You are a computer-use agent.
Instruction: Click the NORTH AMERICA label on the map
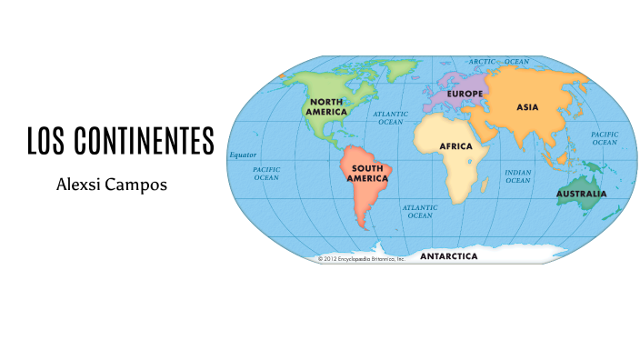326,105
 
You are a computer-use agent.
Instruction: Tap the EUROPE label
465,94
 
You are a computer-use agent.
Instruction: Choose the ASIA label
527,106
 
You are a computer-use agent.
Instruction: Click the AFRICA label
455,145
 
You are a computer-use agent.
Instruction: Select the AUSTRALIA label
582,193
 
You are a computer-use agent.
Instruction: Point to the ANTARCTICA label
448,256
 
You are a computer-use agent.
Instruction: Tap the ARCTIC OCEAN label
498,62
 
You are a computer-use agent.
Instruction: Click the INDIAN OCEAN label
518,175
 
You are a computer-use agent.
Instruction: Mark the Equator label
243,155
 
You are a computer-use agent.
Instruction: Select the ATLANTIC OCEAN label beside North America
391,117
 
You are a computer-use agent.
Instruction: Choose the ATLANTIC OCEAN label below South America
420,211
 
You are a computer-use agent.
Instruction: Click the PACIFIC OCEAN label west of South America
266,173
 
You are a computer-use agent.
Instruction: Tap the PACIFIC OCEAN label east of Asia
605,137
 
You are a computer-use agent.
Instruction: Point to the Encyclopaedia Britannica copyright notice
360,259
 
